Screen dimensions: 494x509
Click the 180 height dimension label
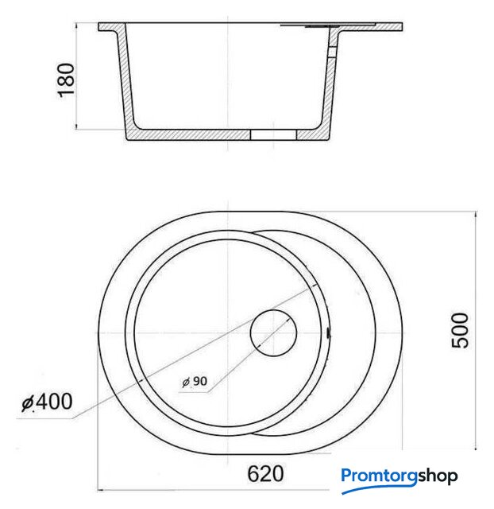[66, 80]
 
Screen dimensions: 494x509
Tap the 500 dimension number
[460, 330]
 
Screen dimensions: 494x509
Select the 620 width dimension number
[265, 474]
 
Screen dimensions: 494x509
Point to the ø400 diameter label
[47, 402]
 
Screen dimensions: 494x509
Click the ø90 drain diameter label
[195, 381]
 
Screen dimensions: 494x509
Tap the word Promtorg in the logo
[379, 476]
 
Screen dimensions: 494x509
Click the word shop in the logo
[438, 476]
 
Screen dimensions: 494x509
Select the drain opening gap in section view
[273, 135]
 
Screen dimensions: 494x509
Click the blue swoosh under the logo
[380, 488]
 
